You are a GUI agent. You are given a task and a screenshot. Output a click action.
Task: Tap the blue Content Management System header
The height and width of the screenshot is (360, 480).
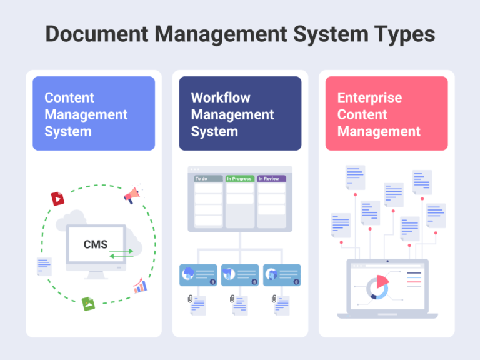point(94,114)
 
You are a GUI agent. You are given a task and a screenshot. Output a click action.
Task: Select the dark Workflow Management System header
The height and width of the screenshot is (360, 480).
point(240,114)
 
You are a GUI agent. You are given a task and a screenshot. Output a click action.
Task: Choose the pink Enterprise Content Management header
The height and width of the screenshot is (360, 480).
point(386,114)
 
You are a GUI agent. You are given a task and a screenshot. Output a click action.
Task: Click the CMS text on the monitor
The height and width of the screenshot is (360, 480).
point(96,244)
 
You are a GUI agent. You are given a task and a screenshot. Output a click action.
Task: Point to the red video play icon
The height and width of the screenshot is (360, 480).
point(58,199)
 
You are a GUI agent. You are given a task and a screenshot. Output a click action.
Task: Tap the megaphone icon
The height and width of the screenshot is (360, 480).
point(132,196)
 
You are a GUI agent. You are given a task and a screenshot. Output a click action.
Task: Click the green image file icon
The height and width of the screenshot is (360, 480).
point(89,304)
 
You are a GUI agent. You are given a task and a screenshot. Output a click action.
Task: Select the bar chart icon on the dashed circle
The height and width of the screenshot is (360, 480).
point(140,286)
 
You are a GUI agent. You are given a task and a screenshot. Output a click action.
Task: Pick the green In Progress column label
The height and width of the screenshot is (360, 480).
point(240,179)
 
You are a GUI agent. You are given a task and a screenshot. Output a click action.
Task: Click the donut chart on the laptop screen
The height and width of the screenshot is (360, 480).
point(377,287)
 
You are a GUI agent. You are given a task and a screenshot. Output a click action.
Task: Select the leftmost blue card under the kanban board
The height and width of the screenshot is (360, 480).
point(198,274)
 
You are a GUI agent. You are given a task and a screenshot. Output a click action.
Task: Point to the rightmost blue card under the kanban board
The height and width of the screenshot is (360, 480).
point(282,274)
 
